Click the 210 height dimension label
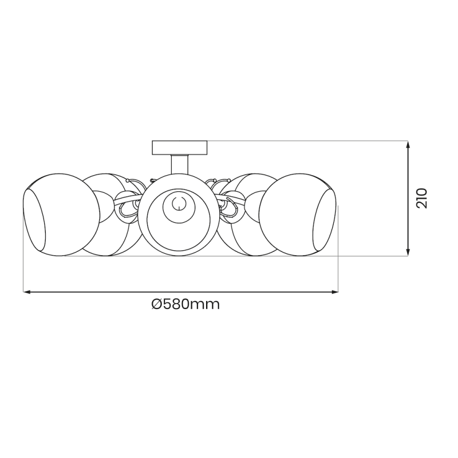coord(422,198)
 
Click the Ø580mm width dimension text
coord(185,305)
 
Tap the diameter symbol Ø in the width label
coord(157,305)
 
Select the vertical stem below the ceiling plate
coord(179,165)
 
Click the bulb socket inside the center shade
coord(178,203)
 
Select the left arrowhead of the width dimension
coord(26,292)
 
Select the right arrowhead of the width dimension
coord(335,292)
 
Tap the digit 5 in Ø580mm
coord(169,305)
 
